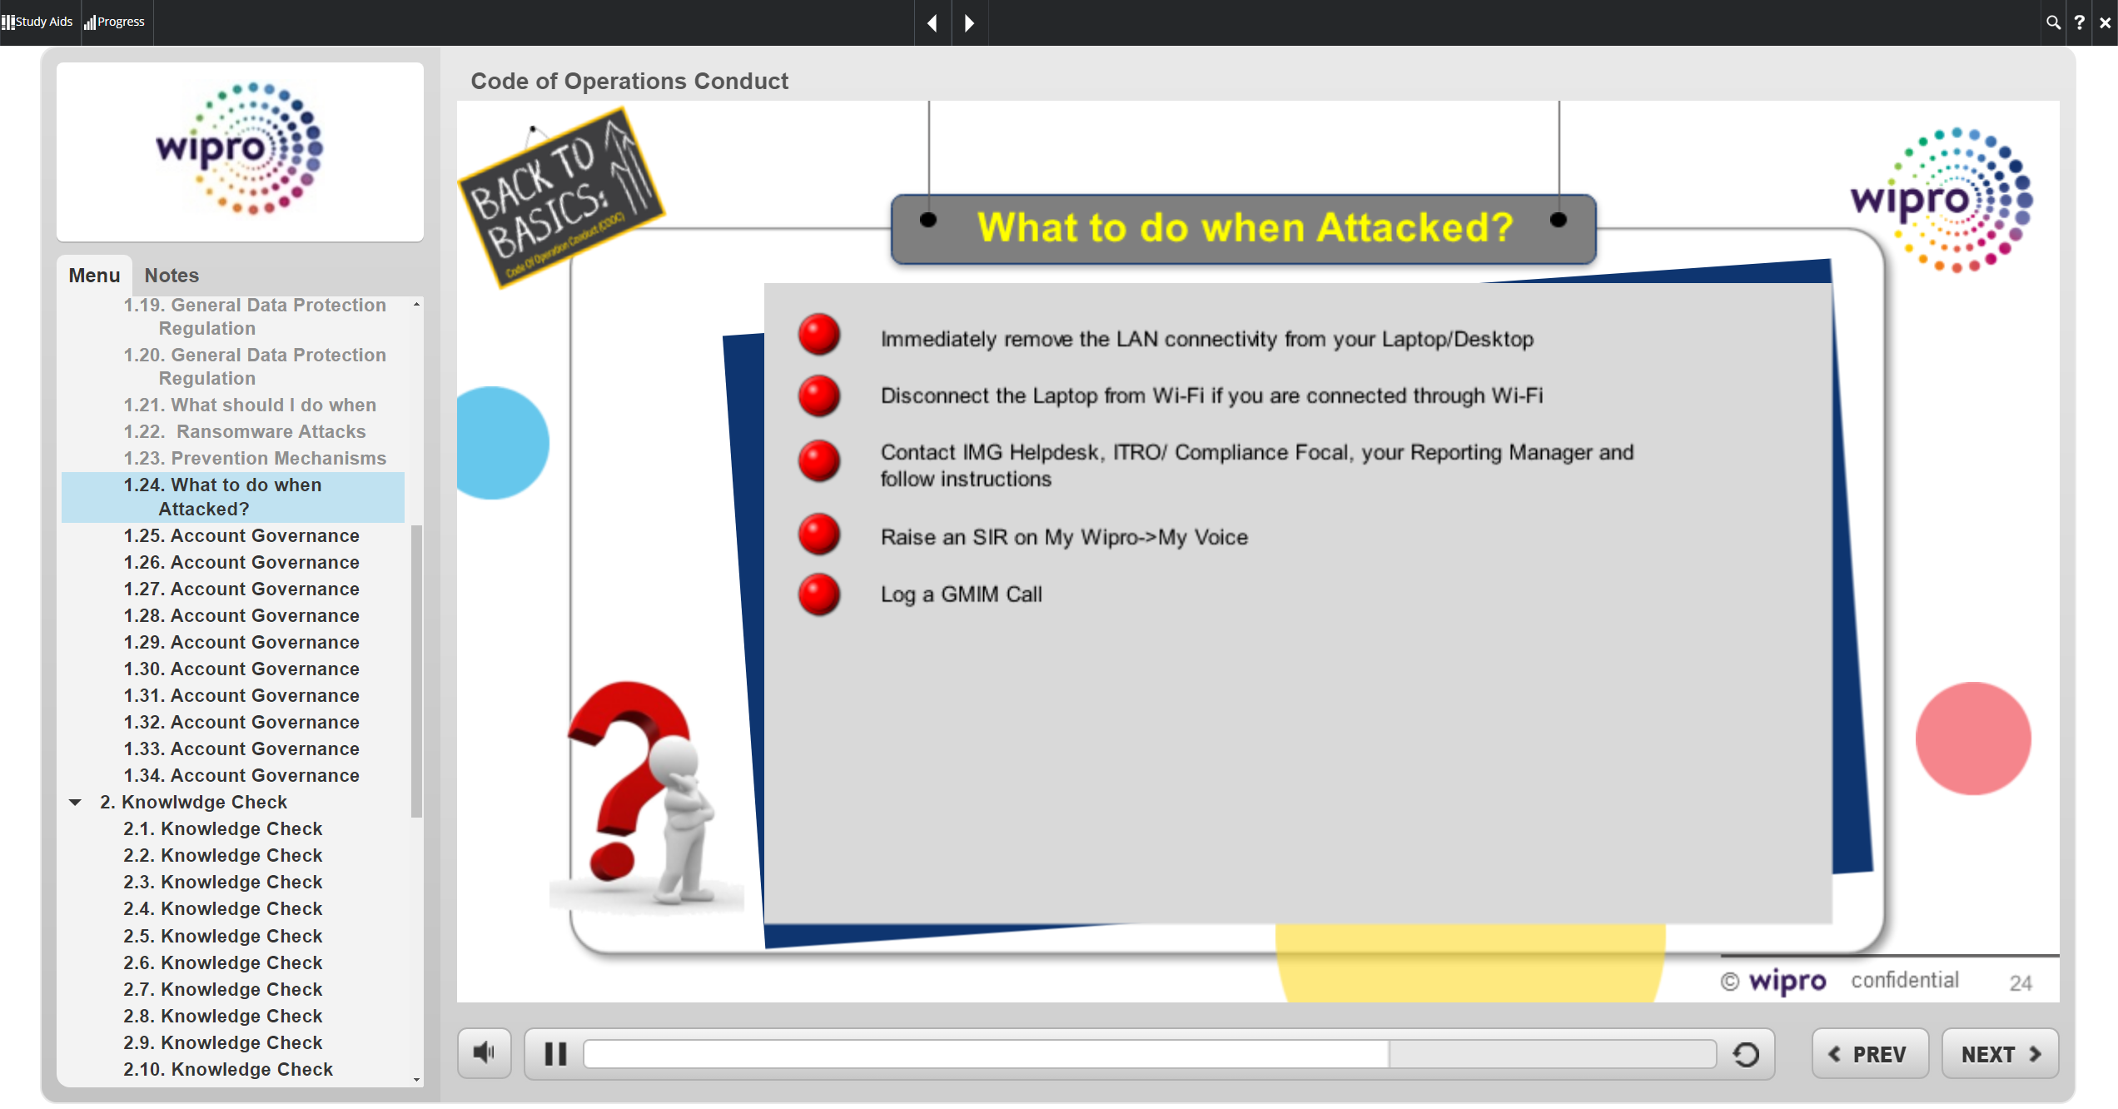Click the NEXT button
2000,1054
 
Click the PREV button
1870,1054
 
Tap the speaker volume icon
484,1053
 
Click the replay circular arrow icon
1746,1055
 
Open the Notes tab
172,276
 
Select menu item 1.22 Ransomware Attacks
245,431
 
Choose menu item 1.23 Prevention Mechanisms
255,458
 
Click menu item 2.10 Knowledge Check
228,1069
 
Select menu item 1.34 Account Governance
241,775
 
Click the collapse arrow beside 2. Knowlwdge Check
75,803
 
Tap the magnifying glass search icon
2053,22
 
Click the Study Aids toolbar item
37,22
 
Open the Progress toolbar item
115,22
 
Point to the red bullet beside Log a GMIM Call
819,594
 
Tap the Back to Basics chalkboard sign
561,196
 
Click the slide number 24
2021,983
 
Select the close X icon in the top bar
2106,22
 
